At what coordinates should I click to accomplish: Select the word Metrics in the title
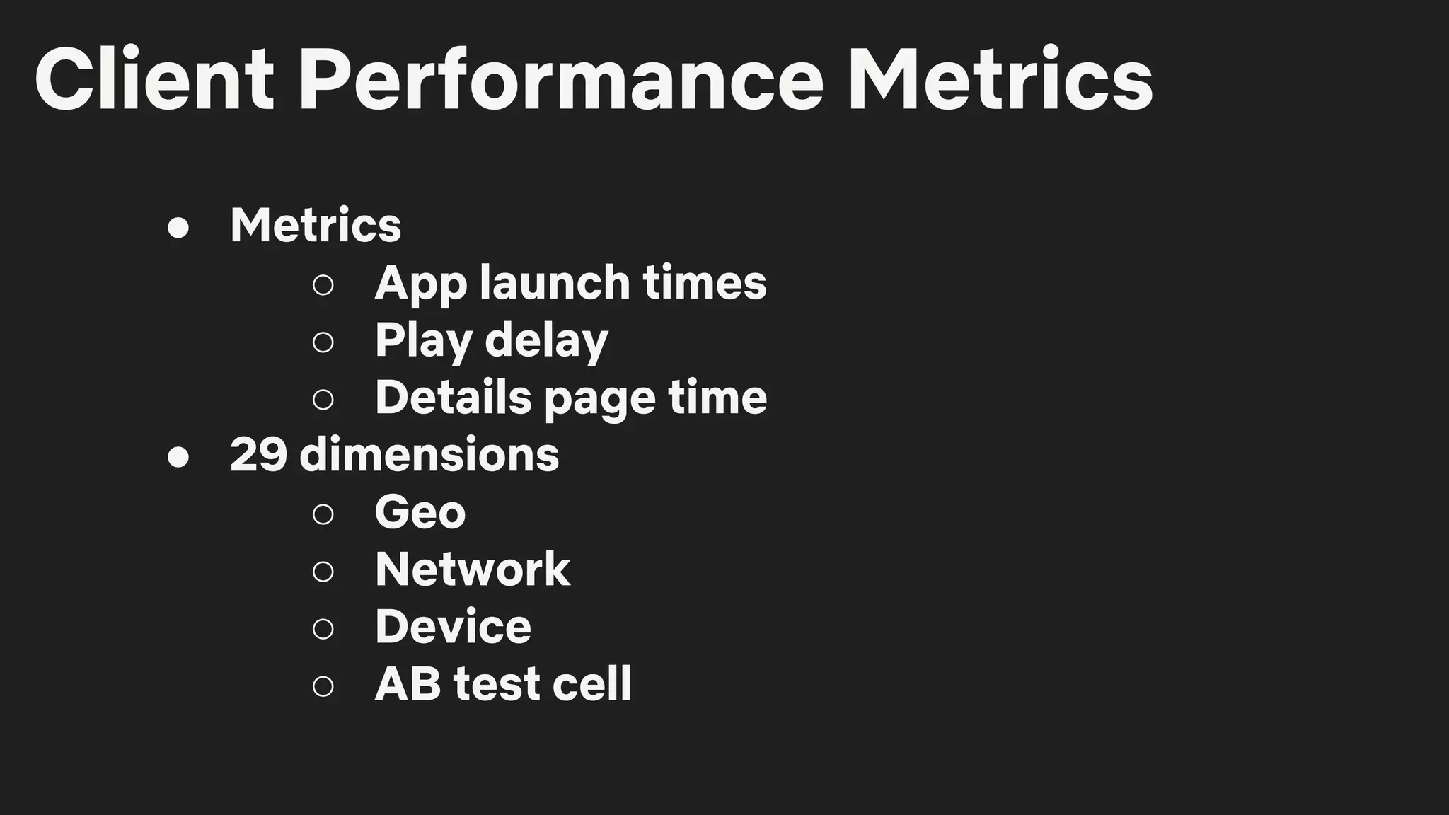coord(1000,79)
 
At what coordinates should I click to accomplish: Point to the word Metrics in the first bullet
coord(316,226)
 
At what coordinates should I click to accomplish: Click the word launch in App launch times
coord(555,283)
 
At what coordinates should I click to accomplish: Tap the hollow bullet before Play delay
coord(323,342)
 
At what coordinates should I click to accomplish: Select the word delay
coord(546,341)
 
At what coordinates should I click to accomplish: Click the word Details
coord(453,398)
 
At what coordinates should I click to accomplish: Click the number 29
coord(258,455)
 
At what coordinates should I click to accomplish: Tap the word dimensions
coord(429,455)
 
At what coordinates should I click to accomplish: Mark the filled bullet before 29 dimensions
coord(178,457)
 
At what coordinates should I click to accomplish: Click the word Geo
coord(420,512)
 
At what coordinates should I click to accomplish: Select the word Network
coord(473,570)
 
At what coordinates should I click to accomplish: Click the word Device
coord(453,627)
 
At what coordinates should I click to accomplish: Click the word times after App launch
coord(705,283)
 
